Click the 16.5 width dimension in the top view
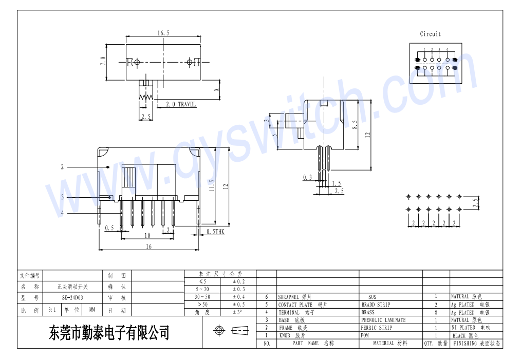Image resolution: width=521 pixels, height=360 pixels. click(163, 33)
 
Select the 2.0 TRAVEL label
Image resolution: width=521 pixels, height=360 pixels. click(180, 104)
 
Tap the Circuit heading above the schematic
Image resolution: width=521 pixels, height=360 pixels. click(430, 34)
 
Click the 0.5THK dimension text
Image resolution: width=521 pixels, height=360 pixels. click(215, 232)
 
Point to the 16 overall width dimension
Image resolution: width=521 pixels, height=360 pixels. click(148, 247)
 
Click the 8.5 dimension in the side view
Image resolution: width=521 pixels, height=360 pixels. click(355, 124)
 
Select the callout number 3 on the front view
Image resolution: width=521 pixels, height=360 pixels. click(62, 197)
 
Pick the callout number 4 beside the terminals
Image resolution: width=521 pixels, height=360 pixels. click(62, 213)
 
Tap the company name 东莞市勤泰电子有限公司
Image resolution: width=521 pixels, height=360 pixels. click(109, 333)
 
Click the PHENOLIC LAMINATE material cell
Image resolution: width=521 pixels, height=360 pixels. click(383, 320)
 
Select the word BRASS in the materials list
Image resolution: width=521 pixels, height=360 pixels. click(368, 312)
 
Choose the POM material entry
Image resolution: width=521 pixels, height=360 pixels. click(364, 335)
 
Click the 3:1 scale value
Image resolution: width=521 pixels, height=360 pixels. click(52, 310)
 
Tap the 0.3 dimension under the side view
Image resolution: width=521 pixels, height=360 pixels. click(307, 177)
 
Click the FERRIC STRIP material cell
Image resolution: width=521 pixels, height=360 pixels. click(376, 328)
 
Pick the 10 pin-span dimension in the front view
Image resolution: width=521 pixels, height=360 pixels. click(147, 235)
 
